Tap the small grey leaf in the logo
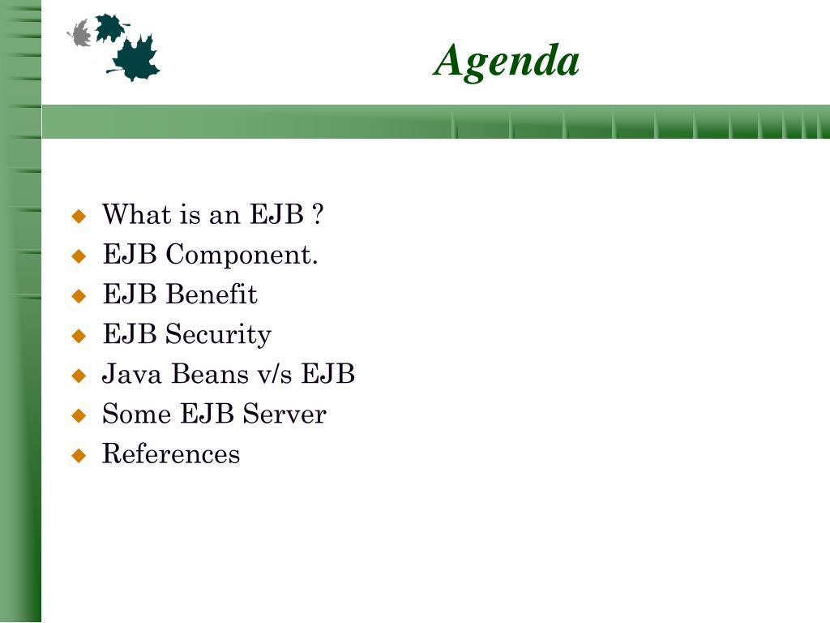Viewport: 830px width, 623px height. click(x=80, y=33)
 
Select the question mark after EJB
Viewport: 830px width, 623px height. click(x=318, y=214)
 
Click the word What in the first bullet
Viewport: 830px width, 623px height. click(x=136, y=214)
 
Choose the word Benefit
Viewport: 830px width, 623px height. click(x=212, y=294)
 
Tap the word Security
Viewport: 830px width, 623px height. click(x=218, y=335)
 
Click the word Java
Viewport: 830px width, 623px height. click(x=132, y=373)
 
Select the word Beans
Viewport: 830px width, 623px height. click(x=210, y=373)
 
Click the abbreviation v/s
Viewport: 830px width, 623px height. click(x=274, y=373)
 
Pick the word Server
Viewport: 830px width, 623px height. click(x=285, y=414)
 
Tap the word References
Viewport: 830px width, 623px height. click(x=171, y=453)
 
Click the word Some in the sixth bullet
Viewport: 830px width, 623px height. click(x=136, y=414)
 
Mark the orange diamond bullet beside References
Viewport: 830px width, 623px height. click(x=79, y=455)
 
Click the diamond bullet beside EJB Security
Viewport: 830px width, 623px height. click(x=79, y=336)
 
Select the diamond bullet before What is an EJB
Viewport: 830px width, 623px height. click(x=79, y=216)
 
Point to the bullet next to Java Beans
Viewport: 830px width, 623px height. click(x=79, y=376)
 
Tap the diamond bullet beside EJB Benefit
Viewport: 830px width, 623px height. click(x=79, y=295)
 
